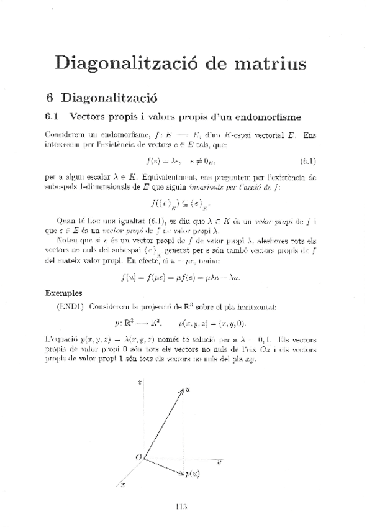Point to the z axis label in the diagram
pos(141,383)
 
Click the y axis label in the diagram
pos(220,462)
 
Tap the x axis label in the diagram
pos(123,483)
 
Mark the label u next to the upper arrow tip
pos(188,388)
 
